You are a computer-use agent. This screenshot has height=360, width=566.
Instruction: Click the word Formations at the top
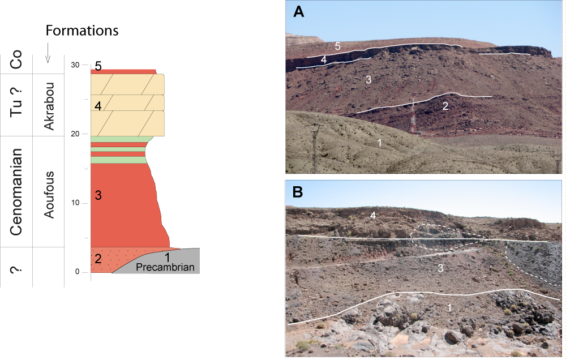(82, 30)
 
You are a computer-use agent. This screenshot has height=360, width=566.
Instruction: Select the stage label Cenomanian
(17, 192)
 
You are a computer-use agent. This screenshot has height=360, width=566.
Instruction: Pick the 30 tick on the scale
(75, 65)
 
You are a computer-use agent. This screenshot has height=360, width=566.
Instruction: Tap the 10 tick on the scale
(75, 203)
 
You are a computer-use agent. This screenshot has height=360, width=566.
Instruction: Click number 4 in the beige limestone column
(97, 106)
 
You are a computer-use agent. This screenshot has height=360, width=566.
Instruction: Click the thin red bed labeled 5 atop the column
(125, 72)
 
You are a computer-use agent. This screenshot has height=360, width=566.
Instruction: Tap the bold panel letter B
(298, 191)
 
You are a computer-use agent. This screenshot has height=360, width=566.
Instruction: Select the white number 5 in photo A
(337, 46)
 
